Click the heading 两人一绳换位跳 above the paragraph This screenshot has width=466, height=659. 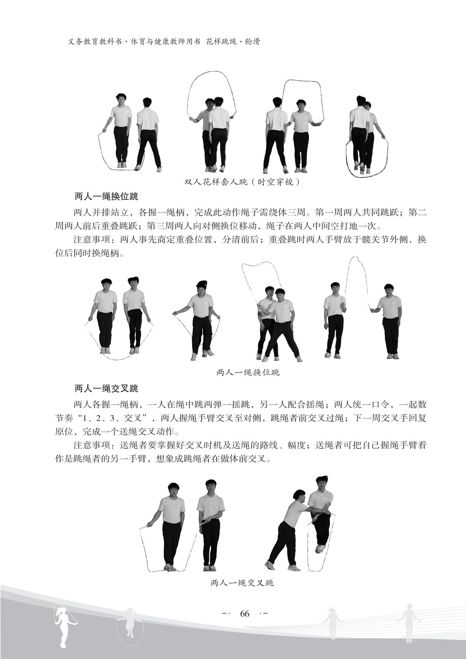107,196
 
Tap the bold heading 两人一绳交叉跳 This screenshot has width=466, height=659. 107,389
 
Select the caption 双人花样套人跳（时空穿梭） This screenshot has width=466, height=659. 242,182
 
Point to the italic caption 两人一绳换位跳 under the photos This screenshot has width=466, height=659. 248,372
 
